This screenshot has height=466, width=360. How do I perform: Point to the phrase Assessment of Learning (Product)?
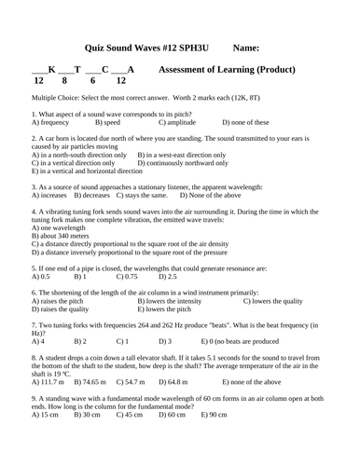tap(228, 70)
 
